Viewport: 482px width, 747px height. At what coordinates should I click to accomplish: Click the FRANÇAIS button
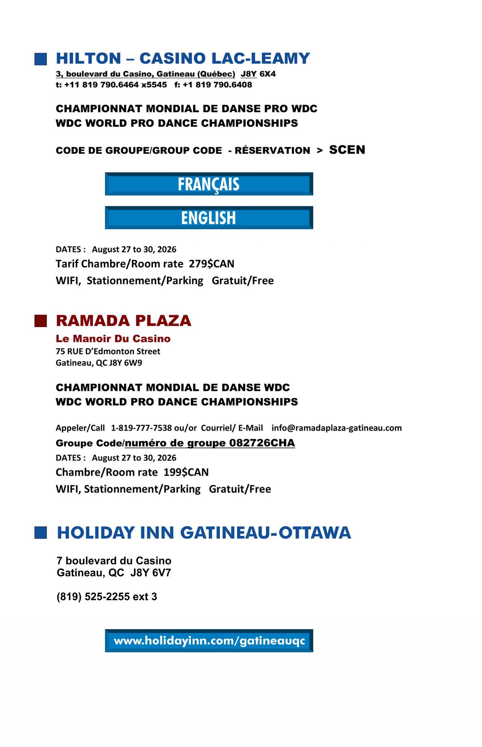pyautogui.click(x=209, y=184)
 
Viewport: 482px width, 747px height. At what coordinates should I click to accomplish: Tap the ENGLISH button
pyautogui.click(x=209, y=218)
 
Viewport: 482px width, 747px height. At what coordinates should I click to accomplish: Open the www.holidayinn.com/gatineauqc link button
pyautogui.click(x=209, y=641)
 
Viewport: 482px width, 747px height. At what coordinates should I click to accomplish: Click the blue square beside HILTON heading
pyautogui.click(x=41, y=59)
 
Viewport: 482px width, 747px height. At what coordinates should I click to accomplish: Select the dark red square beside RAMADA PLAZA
pyautogui.click(x=41, y=321)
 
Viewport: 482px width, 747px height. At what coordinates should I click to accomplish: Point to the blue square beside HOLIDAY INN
pyautogui.click(x=41, y=532)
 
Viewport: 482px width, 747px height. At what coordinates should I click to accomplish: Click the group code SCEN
pyautogui.click(x=347, y=150)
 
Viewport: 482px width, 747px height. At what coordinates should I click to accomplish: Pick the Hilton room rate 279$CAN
pyautogui.click(x=212, y=264)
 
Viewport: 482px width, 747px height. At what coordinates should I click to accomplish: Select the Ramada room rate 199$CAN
pyautogui.click(x=186, y=472)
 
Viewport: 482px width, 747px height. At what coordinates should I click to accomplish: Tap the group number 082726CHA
pyautogui.click(x=262, y=443)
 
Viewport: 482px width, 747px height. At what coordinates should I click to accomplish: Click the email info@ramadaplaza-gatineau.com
pyautogui.click(x=337, y=428)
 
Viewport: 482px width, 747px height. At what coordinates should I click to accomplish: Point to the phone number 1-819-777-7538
pyautogui.click(x=141, y=428)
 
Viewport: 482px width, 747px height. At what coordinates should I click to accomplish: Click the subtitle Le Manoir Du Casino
pyautogui.click(x=113, y=339)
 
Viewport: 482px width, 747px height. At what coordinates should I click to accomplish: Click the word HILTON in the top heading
pyautogui.click(x=88, y=58)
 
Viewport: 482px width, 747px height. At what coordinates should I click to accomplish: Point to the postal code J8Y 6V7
pyautogui.click(x=150, y=573)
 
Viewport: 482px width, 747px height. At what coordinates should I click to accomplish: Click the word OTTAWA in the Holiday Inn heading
pyautogui.click(x=315, y=532)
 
